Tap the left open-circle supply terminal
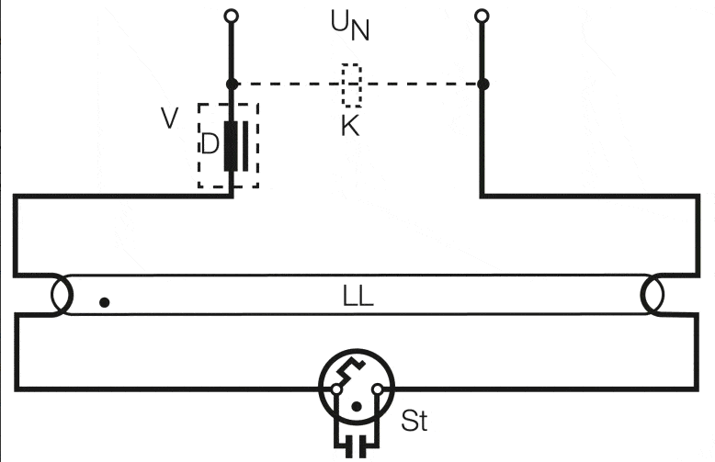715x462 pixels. pyautogui.click(x=232, y=16)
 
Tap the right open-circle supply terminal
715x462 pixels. pyautogui.click(x=482, y=16)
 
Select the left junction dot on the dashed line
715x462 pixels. pyautogui.click(x=233, y=84)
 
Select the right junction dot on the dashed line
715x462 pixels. pyautogui.click(x=482, y=84)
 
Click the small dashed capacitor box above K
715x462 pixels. pyautogui.click(x=352, y=85)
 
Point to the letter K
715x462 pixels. pyautogui.click(x=350, y=126)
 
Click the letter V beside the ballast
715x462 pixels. pyautogui.click(x=170, y=118)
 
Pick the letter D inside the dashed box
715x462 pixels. pyautogui.click(x=210, y=144)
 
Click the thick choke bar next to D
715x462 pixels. pyautogui.click(x=231, y=146)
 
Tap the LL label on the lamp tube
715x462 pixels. pyautogui.click(x=357, y=297)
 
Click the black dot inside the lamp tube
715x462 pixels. pyautogui.click(x=105, y=302)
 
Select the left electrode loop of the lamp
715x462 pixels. pyautogui.click(x=62, y=295)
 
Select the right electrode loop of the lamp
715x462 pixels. pyautogui.click(x=653, y=295)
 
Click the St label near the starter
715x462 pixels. pyautogui.click(x=414, y=421)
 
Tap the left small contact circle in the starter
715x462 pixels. pyautogui.click(x=336, y=389)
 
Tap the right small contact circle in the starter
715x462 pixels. pyautogui.click(x=378, y=389)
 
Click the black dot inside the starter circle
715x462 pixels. pyautogui.click(x=357, y=406)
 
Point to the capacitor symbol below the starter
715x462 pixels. pyautogui.click(x=357, y=445)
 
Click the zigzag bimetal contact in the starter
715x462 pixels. pyautogui.click(x=351, y=370)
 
